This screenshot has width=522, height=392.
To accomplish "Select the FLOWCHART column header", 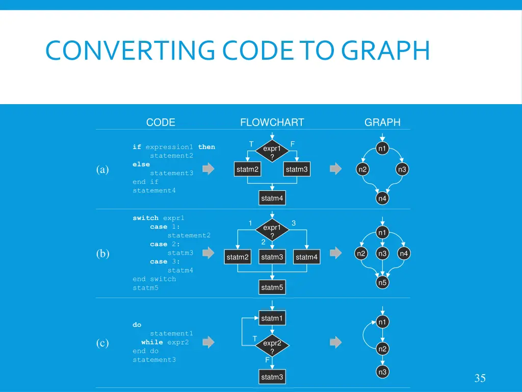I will click(x=272, y=122).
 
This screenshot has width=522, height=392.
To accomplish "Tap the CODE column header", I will click(x=161, y=122).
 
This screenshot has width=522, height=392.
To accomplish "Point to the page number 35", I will click(x=480, y=378).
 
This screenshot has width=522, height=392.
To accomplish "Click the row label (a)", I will click(x=103, y=170).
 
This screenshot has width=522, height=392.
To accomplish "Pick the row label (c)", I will click(x=103, y=343).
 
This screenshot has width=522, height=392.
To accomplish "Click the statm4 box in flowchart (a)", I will click(x=272, y=198).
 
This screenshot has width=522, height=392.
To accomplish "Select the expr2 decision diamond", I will click(x=272, y=347).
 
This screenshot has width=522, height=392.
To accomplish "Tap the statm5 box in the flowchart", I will click(x=272, y=287).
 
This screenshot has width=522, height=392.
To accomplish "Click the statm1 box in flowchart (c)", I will click(x=272, y=318).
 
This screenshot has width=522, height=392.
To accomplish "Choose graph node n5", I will click(x=382, y=282).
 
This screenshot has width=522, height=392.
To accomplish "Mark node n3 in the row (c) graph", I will click(x=382, y=372).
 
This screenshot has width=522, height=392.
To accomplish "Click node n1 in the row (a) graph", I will click(x=382, y=149).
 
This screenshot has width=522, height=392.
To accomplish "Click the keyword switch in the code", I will click(x=145, y=218).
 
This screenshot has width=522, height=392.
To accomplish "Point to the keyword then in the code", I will click(x=206, y=147).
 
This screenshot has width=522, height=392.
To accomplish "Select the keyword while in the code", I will click(x=152, y=342).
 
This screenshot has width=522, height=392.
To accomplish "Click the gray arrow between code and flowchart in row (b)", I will click(x=208, y=253).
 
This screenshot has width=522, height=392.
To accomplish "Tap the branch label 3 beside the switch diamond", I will click(x=294, y=223).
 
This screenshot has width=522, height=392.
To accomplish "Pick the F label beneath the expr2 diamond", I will click(x=267, y=360).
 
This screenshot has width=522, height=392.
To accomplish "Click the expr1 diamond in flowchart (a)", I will click(x=272, y=152).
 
